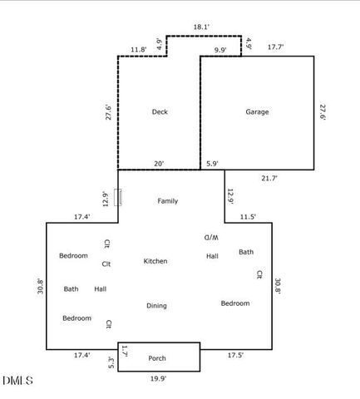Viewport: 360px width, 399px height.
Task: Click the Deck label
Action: pos(160,111)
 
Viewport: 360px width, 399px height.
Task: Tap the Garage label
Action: pos(257,111)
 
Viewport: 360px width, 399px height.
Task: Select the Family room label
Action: pos(168,201)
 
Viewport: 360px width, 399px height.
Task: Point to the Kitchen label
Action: pos(155,261)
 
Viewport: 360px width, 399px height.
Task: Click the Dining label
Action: pos(156,306)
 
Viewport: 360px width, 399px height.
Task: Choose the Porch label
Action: pos(157,358)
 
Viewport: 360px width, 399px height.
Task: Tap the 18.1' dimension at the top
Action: pos(201,27)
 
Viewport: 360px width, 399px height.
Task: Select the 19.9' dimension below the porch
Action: pos(157,379)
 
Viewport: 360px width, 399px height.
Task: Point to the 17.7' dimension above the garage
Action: pos(276,48)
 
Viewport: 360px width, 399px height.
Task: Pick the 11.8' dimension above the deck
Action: pos(139,50)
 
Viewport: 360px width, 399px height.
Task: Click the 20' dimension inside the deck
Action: pos(159,163)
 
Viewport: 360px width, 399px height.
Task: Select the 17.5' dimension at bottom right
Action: pos(235,355)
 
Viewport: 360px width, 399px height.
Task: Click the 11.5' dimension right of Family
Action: pos(248,217)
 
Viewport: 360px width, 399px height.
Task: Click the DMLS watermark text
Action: pos(17,382)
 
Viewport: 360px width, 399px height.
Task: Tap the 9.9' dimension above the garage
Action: pos(220,50)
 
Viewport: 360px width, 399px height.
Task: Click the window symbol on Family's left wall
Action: pos(118,197)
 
